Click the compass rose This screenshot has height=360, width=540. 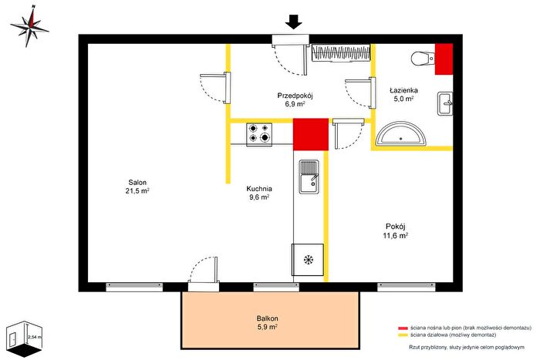[30, 26]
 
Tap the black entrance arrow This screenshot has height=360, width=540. [294, 22]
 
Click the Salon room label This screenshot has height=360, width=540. [137, 187]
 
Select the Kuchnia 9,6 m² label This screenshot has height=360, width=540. [259, 193]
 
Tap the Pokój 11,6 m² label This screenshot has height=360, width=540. [395, 231]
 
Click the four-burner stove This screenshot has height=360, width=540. [259, 134]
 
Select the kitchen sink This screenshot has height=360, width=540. [309, 177]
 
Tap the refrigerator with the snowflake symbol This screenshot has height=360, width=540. [308, 260]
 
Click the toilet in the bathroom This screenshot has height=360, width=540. [423, 58]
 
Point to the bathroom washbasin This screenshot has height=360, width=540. [445, 103]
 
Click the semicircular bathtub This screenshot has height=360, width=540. [401, 134]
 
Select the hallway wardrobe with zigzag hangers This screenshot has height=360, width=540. [341, 53]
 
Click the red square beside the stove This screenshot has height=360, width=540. [311, 134]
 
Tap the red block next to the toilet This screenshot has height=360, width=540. [444, 59]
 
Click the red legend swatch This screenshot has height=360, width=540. [403, 328]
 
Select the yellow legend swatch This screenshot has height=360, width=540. [403, 335]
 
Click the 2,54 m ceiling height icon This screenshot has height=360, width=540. [24, 339]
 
